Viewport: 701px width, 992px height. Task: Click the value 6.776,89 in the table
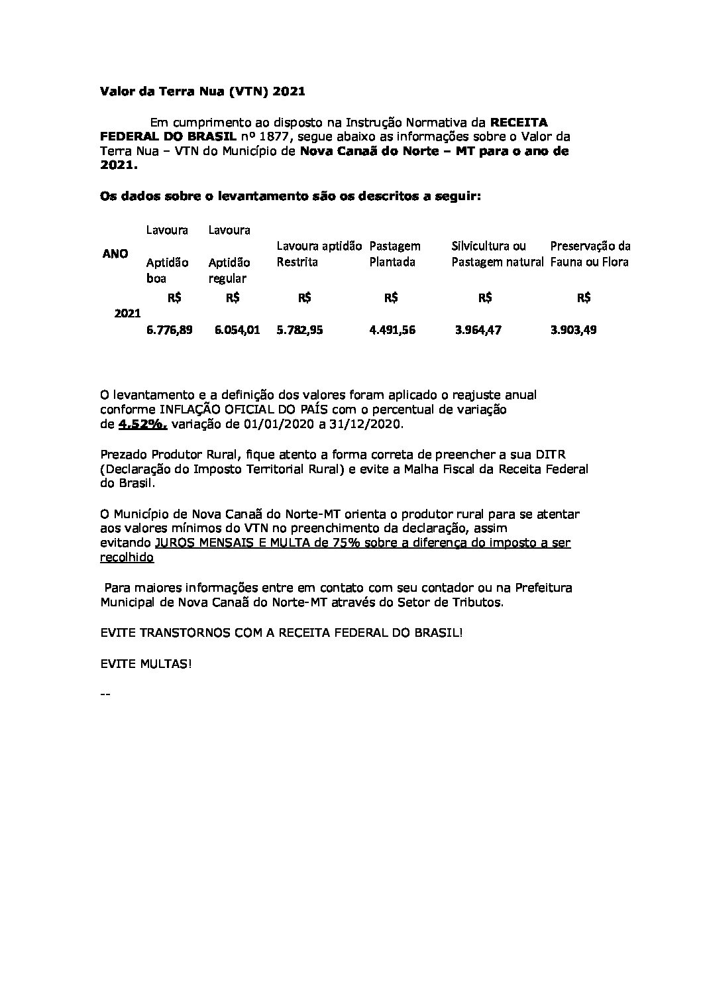click(169, 329)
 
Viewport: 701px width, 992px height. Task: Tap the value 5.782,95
click(299, 329)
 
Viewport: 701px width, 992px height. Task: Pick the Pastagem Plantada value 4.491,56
click(392, 329)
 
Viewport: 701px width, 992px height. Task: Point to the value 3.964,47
click(478, 329)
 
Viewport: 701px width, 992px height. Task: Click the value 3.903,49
click(573, 329)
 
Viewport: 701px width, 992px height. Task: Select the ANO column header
click(115, 254)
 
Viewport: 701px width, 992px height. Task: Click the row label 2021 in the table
click(127, 313)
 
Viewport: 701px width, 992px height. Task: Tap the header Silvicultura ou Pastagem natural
click(498, 254)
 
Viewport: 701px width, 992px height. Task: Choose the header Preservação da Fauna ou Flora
click(590, 254)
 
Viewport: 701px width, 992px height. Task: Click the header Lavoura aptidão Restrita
click(319, 254)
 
